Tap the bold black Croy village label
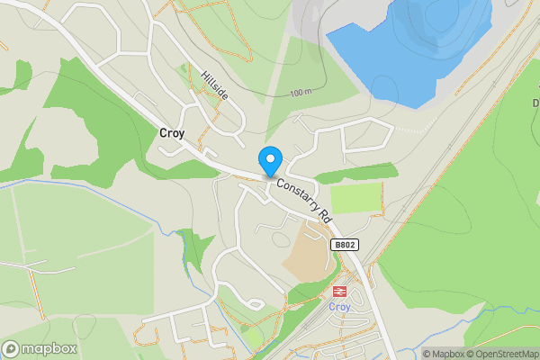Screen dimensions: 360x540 pos(171,133)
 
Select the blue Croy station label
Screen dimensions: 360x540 pos(339,306)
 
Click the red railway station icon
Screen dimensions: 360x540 pos(339,291)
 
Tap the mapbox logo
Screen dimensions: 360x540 pos(40,348)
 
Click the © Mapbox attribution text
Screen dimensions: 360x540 pos(447,354)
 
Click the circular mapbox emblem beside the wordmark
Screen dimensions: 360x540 pos(12,348)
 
